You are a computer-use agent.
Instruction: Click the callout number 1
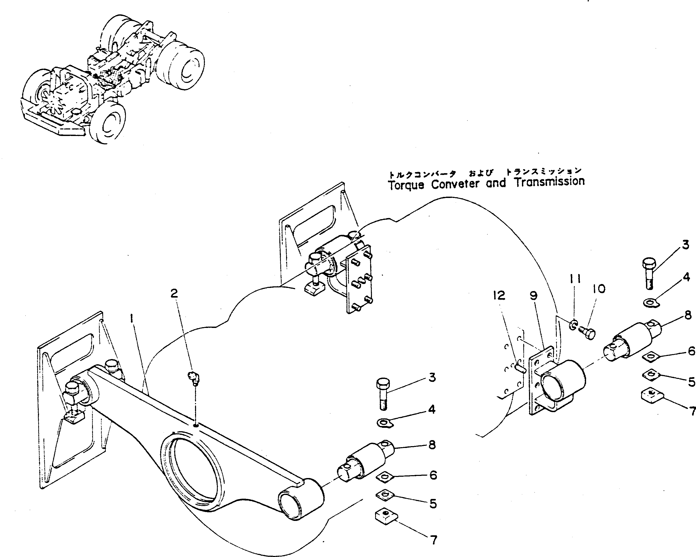[132, 319]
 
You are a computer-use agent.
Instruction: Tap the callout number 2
[174, 293]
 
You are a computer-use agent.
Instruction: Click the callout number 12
[499, 295]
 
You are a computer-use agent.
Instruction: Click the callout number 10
[599, 289]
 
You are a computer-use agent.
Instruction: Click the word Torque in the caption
[406, 185]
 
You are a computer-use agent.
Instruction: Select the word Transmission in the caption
[549, 181]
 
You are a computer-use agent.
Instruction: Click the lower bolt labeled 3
[383, 394]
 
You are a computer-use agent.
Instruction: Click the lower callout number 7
[433, 539]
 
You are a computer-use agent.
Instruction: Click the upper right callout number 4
[686, 277]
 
